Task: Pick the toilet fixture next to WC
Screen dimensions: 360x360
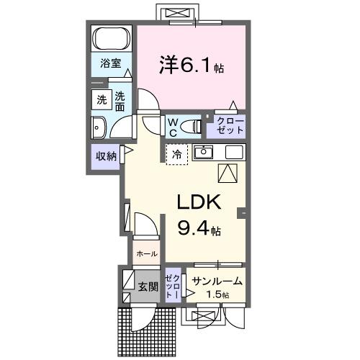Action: [x=192, y=127]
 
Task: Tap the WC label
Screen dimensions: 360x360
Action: [x=173, y=127]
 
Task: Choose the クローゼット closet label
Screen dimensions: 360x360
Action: [x=227, y=127]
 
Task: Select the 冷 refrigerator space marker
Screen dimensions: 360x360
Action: [x=176, y=153]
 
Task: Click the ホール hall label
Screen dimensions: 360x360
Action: [x=146, y=253]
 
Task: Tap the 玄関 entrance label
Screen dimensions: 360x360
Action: [x=148, y=287]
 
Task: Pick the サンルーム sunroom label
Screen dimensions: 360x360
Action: [x=217, y=282]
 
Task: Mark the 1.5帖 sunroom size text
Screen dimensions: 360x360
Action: [x=216, y=295]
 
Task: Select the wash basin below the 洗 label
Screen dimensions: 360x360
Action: [x=98, y=128]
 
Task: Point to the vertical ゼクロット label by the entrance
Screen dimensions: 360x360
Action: [x=172, y=286]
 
